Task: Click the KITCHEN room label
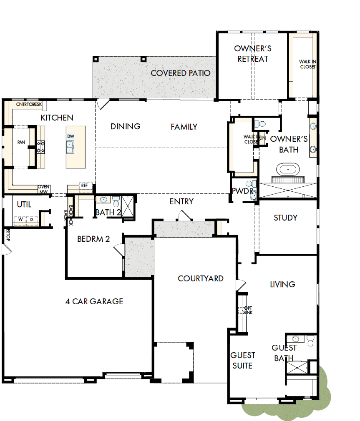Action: (x=57, y=118)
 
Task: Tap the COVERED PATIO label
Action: (x=180, y=73)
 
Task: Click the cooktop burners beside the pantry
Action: (x=40, y=146)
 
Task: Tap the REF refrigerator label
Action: (x=85, y=185)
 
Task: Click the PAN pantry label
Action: (x=21, y=143)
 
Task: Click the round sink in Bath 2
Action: (x=103, y=199)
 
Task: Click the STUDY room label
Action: (x=285, y=218)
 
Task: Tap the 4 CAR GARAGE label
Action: (x=94, y=301)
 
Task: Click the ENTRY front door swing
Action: (x=184, y=216)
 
